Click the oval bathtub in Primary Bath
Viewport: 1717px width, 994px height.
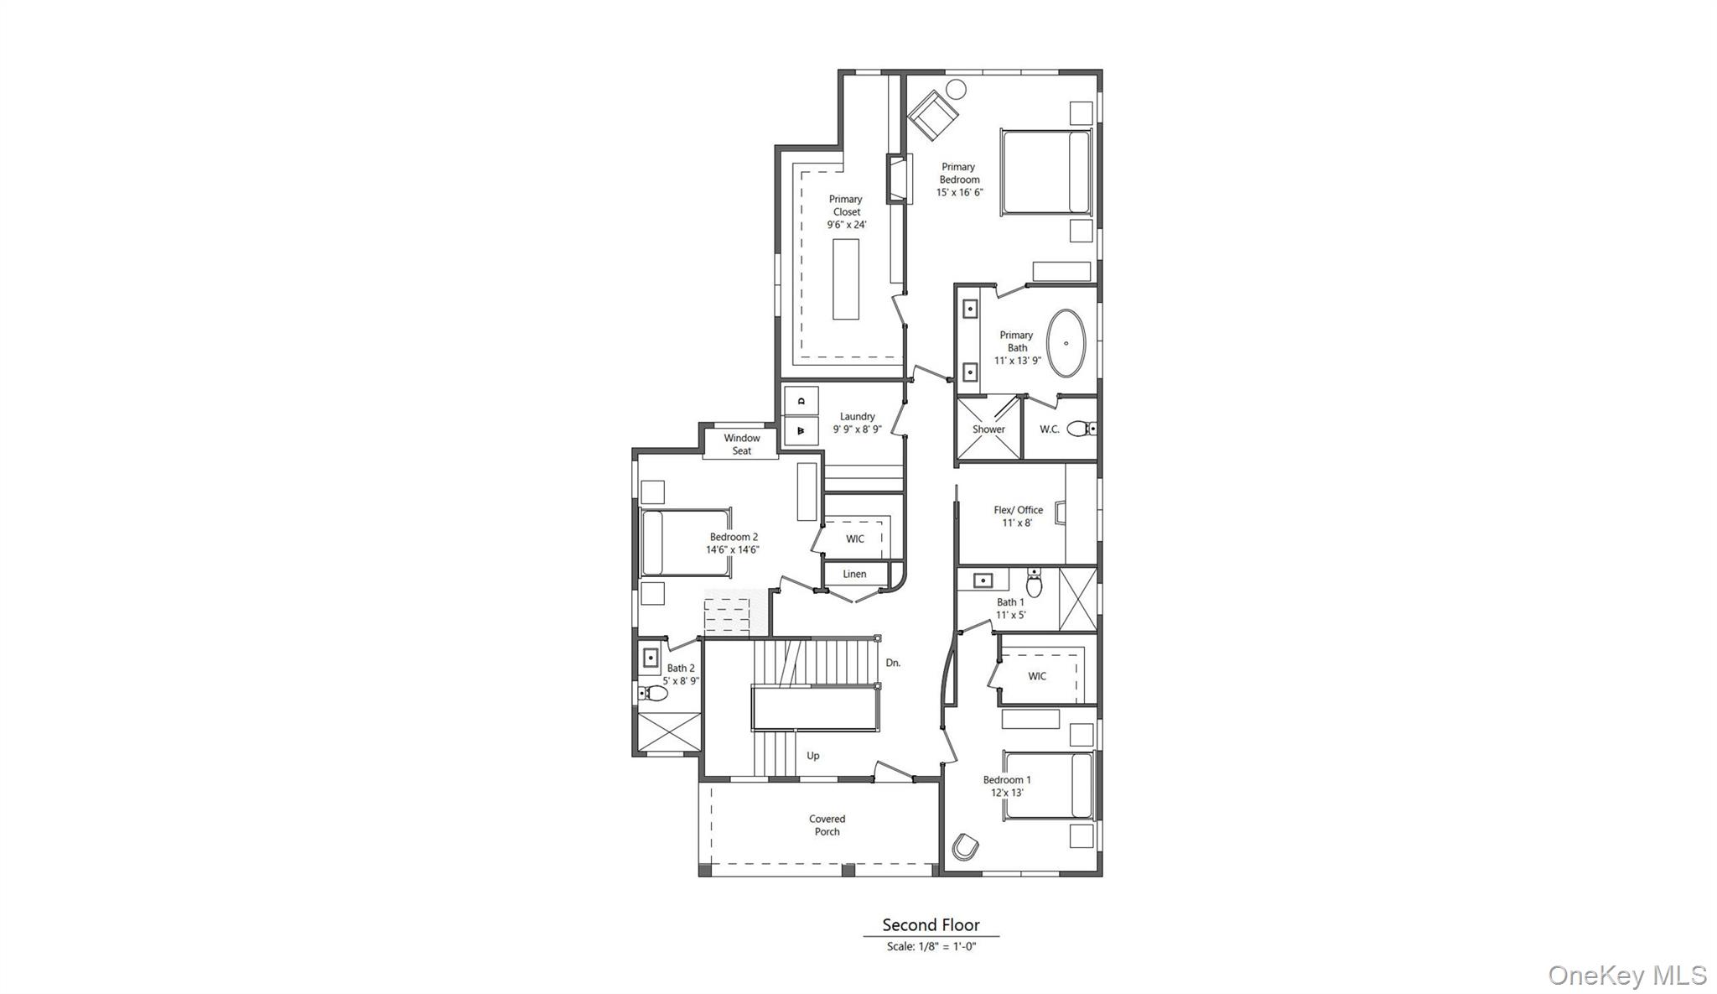pos(1066,344)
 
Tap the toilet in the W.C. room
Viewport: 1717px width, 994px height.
pos(1082,429)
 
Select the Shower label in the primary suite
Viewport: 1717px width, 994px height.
pos(988,429)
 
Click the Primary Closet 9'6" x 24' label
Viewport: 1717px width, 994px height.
pos(846,212)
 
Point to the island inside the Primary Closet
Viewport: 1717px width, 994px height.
pos(846,279)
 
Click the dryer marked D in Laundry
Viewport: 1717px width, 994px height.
pos(801,401)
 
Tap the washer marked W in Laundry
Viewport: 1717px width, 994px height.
pos(801,430)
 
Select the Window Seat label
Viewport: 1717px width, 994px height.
pos(742,445)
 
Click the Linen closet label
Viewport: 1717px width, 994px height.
pos(854,575)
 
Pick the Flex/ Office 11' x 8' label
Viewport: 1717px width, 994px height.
pos(1018,516)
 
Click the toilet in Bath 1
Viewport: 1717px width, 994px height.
pos(1035,584)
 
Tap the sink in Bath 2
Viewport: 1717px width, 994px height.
pos(651,658)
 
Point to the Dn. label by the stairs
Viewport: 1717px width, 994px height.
pos(893,663)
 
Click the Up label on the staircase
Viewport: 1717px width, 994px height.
pos(812,756)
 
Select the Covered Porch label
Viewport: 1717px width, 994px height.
pos(827,825)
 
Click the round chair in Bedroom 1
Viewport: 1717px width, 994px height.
pos(965,846)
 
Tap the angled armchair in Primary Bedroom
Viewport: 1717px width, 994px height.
pos(931,116)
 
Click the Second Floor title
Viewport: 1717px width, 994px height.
pos(931,925)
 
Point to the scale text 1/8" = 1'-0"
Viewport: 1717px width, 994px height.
pos(931,947)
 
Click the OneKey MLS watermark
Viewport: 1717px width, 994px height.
pos(1626,976)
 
